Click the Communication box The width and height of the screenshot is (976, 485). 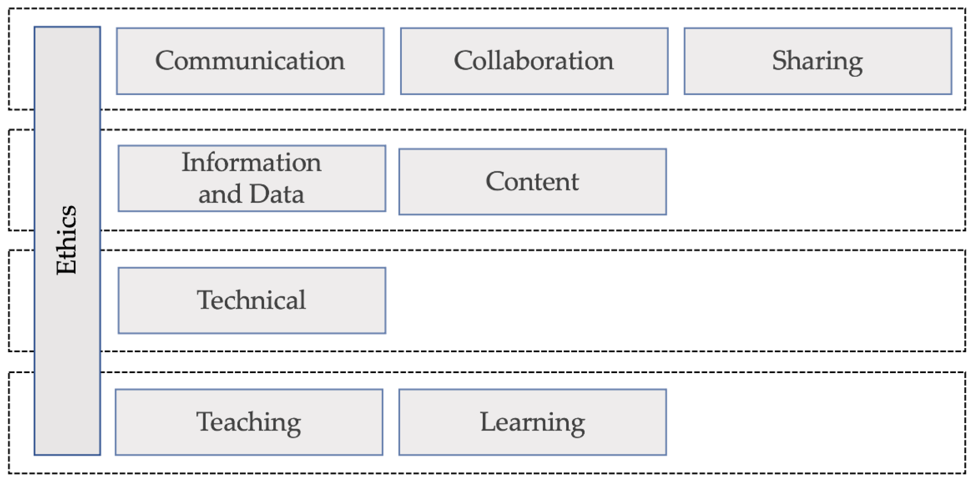pos(250,61)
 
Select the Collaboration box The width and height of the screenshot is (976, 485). pos(534,61)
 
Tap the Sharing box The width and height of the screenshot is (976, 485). pos(818,61)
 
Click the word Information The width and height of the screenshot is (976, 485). pos(251,162)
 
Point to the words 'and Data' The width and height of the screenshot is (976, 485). pos(251,194)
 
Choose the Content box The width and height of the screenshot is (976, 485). pos(532,182)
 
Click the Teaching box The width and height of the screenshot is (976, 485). pos(249,422)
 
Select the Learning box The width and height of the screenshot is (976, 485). pos(532,422)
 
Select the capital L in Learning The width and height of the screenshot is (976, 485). pos(488,421)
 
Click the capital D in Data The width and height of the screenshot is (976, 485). pos(259,194)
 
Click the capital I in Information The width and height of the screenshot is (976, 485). pos(186,162)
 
